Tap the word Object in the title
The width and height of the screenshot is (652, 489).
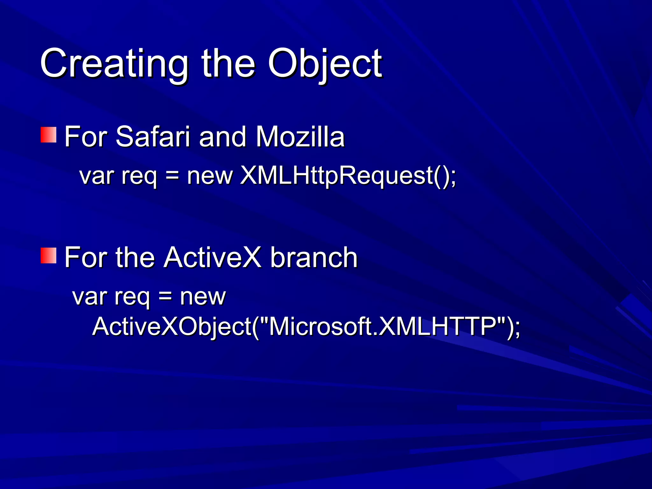(x=325, y=64)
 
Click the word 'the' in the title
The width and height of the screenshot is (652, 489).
(x=228, y=64)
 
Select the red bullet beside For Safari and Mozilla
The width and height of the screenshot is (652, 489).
(x=48, y=135)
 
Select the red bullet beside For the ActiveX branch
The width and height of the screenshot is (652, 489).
(x=48, y=256)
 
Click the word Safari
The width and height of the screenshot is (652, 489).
(x=152, y=137)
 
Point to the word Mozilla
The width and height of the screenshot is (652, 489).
(x=300, y=137)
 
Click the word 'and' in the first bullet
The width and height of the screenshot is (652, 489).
(x=222, y=137)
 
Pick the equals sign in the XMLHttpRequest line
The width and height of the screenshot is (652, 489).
(x=172, y=176)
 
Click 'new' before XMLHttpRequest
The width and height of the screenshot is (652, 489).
(x=210, y=176)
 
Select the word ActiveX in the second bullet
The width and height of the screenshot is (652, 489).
(x=212, y=258)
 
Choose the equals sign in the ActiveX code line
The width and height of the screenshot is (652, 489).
(x=165, y=296)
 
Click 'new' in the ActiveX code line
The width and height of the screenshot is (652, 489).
(x=203, y=297)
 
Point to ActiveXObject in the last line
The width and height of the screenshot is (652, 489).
(x=172, y=327)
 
